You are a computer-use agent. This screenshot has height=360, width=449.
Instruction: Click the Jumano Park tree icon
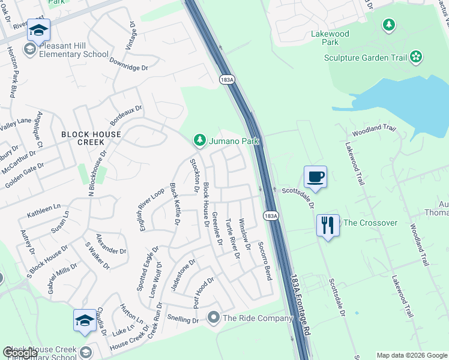pos(199,140)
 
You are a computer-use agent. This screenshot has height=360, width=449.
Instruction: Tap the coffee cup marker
pos(315,176)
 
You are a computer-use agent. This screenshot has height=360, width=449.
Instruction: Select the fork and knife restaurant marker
pos(327,226)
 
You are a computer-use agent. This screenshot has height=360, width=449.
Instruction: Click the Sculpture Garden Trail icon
pos(415,58)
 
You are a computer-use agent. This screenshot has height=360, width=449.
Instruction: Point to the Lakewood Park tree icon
pos(390,25)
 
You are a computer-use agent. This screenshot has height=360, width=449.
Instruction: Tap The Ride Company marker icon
pos(214,317)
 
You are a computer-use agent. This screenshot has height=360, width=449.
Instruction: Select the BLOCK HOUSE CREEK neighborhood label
pos(91,138)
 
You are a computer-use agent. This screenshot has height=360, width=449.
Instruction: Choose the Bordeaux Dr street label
pos(124,115)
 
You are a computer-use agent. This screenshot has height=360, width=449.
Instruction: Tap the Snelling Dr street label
pos(183,320)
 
